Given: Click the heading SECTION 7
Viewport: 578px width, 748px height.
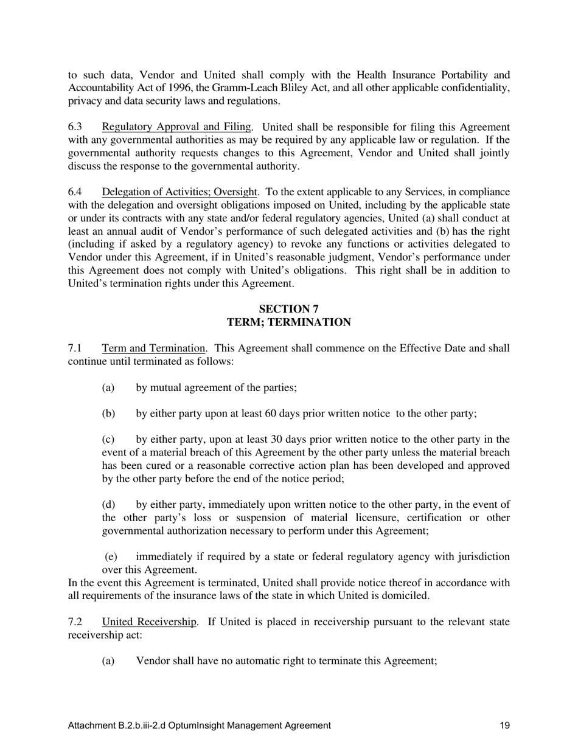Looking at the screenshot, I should click(x=288, y=309).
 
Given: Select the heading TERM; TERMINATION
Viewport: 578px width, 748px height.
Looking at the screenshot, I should click(x=288, y=322).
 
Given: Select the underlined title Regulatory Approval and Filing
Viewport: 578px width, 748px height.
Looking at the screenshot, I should click(x=176, y=127).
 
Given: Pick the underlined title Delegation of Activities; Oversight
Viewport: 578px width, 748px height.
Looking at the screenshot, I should click(x=179, y=192).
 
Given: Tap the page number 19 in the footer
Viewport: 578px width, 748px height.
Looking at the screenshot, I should click(x=504, y=725).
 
